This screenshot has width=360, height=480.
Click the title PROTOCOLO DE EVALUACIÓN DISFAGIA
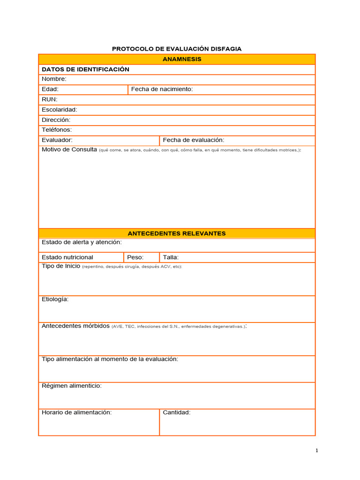coord(177,49)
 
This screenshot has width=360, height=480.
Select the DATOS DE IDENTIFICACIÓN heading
coord(85,69)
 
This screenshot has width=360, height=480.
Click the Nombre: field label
coord(54,79)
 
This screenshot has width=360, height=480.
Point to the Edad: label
coord(50,89)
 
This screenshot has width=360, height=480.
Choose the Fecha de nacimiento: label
coord(162,89)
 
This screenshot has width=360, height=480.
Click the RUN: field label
coord(50,99)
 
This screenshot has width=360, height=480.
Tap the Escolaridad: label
coord(60,110)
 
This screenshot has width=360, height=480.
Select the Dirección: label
coord(56,120)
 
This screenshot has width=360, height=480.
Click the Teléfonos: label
coord(57,130)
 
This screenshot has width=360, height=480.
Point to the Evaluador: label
coord(57,140)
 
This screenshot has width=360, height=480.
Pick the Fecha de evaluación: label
coord(194,140)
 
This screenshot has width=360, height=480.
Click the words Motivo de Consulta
coord(69,150)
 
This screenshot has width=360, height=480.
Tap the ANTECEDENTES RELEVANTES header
coord(177,233)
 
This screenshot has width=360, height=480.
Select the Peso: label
coord(135,257)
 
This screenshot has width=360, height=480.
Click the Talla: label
coord(171,257)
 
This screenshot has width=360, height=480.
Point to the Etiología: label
coord(55,299)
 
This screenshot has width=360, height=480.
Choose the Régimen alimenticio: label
coord(72,386)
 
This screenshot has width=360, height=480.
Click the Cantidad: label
coord(177,412)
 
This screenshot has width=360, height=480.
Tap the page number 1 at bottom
coord(317,451)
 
